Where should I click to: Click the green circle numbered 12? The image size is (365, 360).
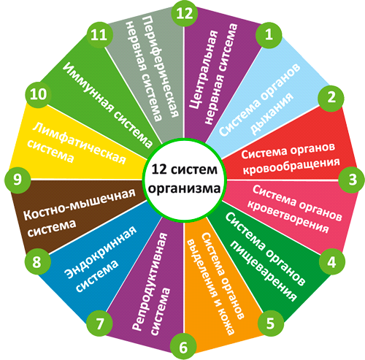point(184,13)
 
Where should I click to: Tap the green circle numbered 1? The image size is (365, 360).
point(269,35)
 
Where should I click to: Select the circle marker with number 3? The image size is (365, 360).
point(352,180)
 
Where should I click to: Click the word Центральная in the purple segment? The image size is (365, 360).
point(204,69)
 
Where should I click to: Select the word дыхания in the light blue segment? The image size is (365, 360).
point(272,114)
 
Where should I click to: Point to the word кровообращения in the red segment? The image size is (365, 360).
point(291,166)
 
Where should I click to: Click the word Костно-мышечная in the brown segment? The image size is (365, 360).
point(80,204)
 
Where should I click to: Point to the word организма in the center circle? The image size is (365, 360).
point(184,189)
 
